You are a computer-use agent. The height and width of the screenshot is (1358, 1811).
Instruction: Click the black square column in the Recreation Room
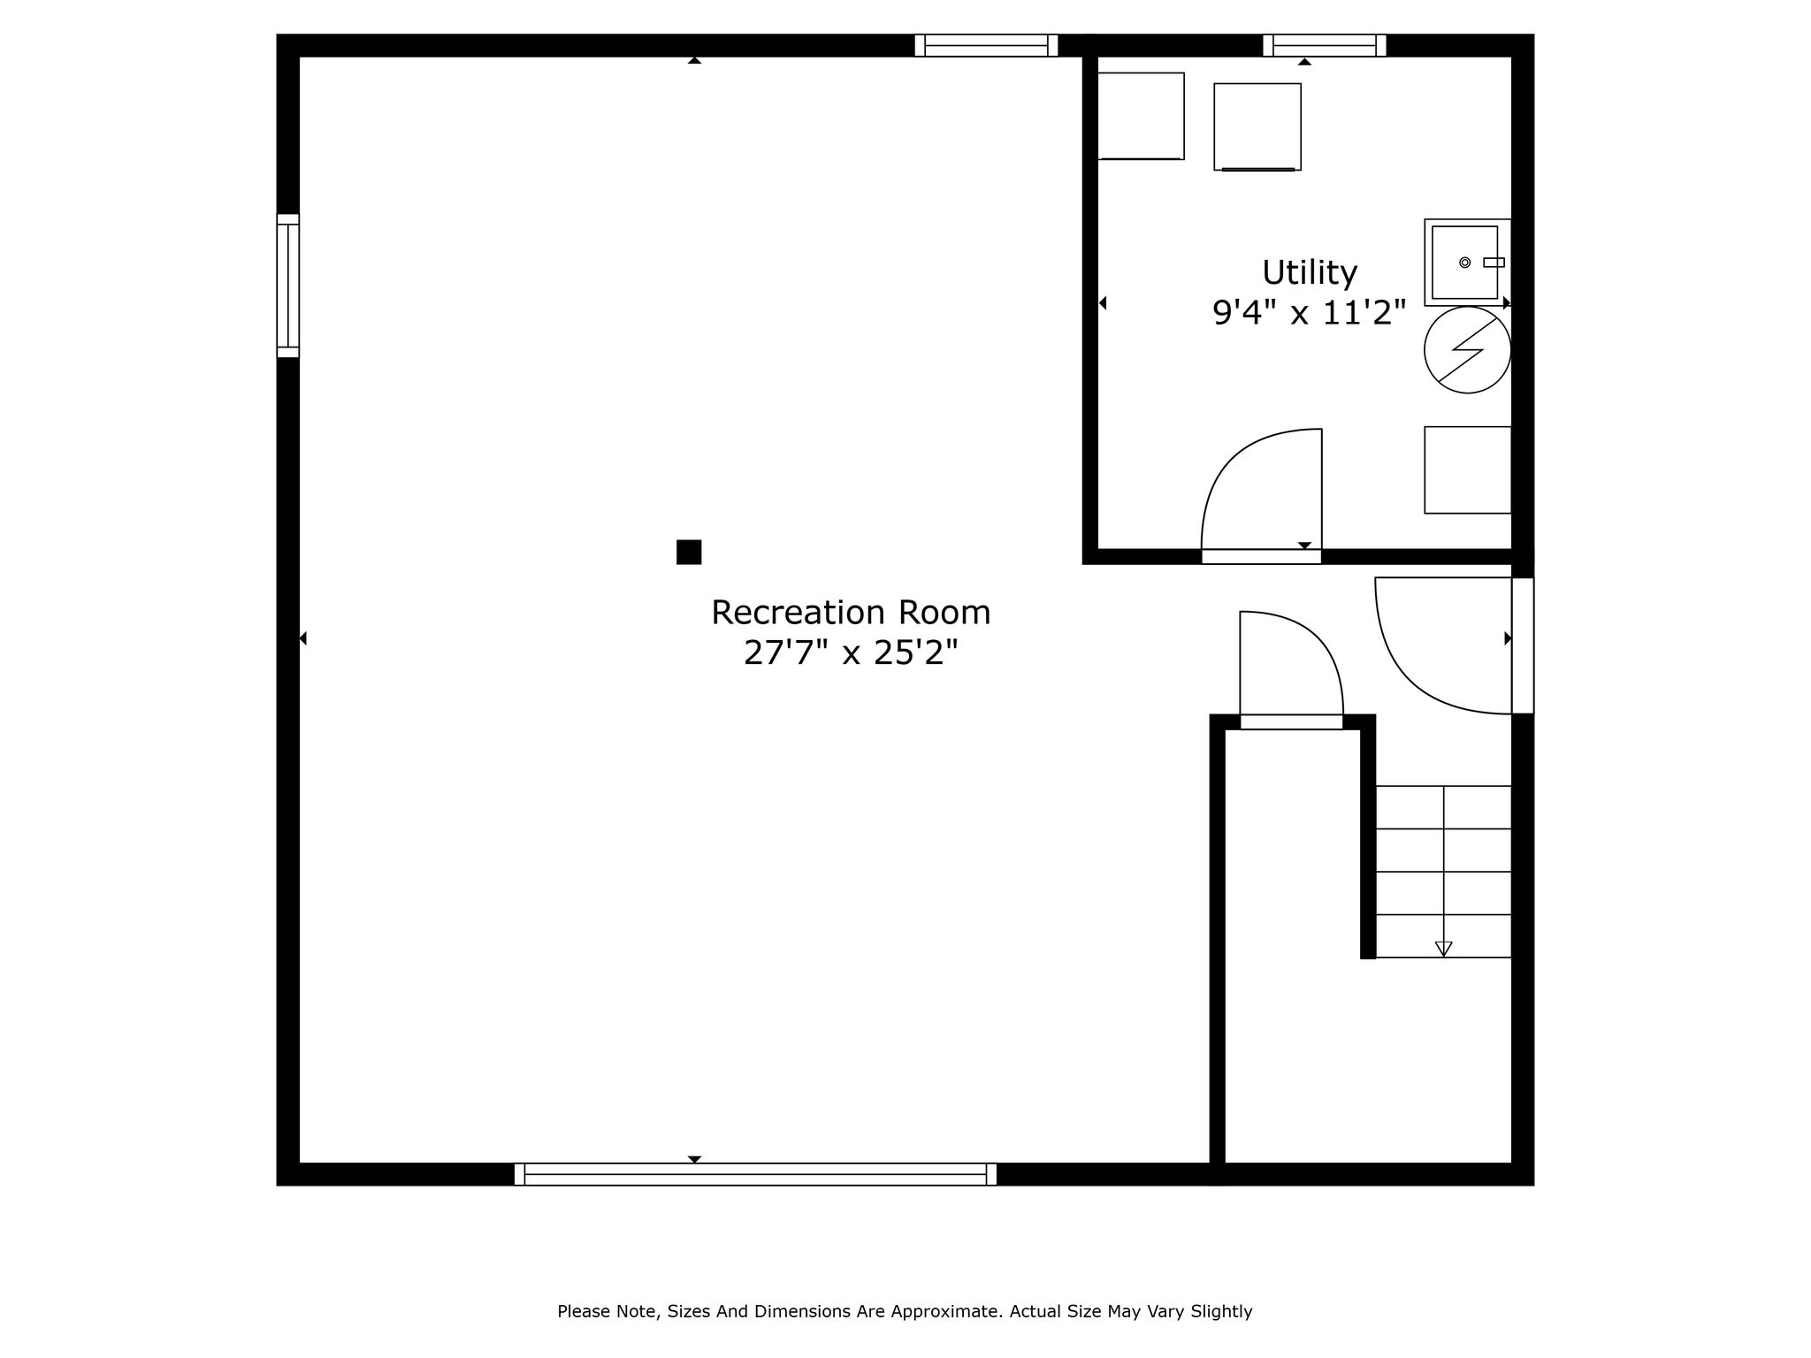coord(689,552)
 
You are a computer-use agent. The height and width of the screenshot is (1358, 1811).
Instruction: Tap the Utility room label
coord(1309,273)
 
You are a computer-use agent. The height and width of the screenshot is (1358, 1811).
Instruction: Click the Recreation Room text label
coord(851,613)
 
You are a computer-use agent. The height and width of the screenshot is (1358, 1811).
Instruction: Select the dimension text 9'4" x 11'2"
coord(1309,313)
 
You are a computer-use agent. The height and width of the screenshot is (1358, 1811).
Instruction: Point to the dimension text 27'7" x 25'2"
coord(851,653)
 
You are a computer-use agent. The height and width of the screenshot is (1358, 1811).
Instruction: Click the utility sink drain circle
coord(1464,263)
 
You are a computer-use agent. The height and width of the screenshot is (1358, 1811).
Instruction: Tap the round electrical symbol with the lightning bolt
coord(1467,350)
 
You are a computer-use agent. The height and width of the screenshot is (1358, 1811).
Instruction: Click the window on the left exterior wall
coord(288,286)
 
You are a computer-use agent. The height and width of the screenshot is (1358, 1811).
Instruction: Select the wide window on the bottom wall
coord(755,1174)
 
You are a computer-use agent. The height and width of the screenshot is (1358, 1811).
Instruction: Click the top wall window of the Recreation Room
coord(986,45)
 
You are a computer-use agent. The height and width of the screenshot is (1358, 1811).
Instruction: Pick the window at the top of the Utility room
coord(1324,45)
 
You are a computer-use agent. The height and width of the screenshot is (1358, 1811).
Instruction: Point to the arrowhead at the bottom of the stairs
coord(1443,949)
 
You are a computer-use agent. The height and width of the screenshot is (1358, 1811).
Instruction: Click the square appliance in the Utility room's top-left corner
coord(1141,116)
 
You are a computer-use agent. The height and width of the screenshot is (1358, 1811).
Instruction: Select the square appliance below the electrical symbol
coord(1468,470)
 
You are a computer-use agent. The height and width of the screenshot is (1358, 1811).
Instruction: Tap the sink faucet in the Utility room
coord(1494,263)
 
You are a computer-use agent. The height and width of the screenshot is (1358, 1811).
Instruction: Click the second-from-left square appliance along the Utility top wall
coord(1257,126)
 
